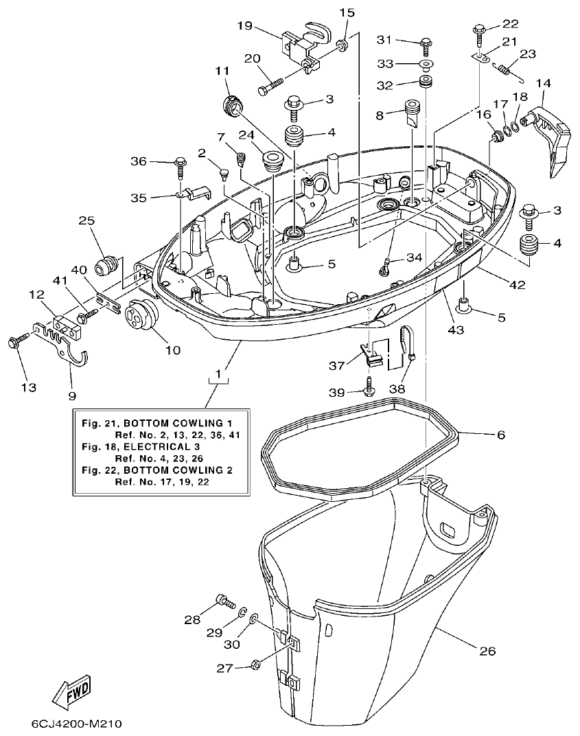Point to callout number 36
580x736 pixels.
(x=139, y=162)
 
